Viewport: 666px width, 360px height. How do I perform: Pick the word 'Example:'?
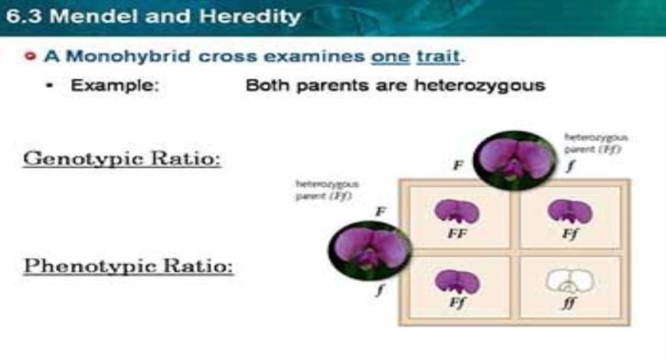(115, 85)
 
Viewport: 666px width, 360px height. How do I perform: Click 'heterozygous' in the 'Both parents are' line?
(479, 85)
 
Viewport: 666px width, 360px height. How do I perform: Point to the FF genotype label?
(456, 234)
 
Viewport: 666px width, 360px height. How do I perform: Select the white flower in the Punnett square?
(569, 282)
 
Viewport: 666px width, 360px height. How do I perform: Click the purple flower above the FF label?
(456, 212)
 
